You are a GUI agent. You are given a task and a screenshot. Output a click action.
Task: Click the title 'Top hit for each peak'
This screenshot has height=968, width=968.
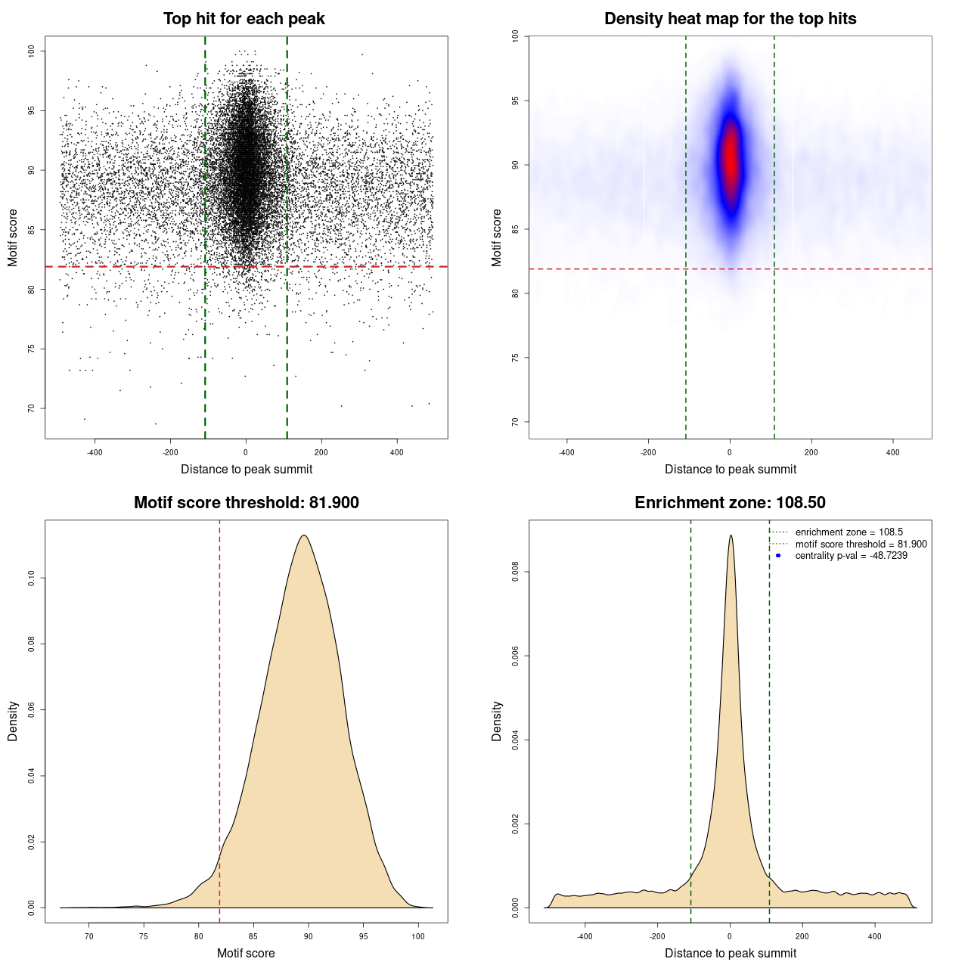(244, 19)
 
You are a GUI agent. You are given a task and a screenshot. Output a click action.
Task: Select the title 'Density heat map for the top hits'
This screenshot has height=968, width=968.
(730, 19)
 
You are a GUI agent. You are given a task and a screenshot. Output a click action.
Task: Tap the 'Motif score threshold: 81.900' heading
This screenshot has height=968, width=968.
(246, 503)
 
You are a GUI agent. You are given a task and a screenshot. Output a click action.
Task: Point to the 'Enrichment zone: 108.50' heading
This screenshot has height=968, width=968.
(730, 503)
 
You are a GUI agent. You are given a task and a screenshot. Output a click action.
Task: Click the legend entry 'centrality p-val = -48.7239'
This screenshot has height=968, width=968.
(851, 556)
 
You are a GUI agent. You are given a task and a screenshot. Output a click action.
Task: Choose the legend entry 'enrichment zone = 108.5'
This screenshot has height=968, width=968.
(849, 532)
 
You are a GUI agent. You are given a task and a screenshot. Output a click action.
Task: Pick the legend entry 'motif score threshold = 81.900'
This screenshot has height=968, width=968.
(861, 544)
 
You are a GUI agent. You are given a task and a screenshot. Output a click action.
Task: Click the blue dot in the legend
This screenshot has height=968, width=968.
(778, 556)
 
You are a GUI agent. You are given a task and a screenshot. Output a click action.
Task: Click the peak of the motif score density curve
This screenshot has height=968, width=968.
(304, 535)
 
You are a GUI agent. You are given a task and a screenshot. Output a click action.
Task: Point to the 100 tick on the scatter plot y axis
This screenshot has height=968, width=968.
(32, 51)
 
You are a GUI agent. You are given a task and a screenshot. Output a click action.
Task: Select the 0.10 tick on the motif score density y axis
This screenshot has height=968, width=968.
(32, 579)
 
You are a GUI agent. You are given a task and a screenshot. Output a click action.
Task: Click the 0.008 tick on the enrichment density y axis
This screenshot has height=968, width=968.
(516, 572)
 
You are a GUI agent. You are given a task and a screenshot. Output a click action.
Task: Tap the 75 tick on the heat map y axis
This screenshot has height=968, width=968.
(516, 358)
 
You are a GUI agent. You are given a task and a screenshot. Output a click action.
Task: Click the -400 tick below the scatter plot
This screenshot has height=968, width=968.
(95, 452)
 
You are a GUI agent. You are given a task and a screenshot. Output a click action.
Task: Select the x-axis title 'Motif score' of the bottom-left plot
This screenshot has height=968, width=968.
(246, 953)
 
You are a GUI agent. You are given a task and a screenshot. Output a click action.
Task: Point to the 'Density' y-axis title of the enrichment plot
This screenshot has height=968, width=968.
(497, 721)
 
